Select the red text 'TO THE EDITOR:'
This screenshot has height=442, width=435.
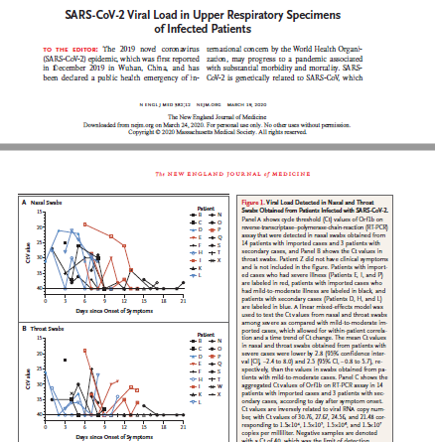pos(66,47)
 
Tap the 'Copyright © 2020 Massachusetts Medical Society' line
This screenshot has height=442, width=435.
pos(217,101)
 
